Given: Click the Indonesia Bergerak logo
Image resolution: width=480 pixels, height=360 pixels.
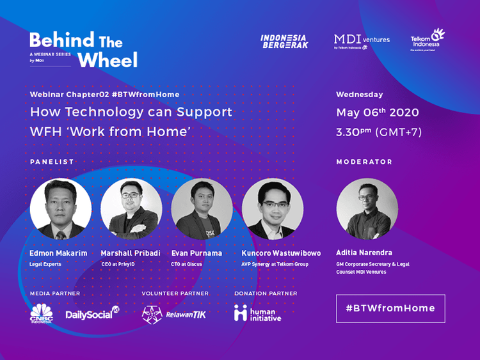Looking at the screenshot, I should [x=284, y=42].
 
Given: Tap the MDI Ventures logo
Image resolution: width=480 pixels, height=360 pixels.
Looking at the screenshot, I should [x=362, y=42].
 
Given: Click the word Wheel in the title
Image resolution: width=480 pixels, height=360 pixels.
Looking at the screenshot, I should [x=108, y=61].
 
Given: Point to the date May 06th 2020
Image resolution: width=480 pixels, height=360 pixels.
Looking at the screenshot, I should [x=378, y=113].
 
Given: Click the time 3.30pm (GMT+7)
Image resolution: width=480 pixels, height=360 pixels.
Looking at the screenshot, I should [x=379, y=133].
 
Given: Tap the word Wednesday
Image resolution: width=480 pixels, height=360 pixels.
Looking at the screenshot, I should [x=360, y=95].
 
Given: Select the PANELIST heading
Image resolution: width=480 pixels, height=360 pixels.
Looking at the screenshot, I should [x=52, y=162].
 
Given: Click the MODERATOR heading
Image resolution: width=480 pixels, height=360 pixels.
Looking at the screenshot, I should [x=364, y=162].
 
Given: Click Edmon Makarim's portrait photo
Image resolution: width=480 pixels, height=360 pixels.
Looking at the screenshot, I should [x=61, y=209].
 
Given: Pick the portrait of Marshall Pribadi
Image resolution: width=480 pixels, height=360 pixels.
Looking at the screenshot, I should [x=131, y=209].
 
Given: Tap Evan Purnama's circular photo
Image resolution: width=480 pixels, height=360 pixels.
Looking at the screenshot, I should [x=202, y=209].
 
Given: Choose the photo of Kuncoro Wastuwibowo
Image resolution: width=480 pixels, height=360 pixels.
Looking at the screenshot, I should [x=273, y=209].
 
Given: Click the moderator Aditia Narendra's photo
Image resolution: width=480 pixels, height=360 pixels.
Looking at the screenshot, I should [x=367, y=209].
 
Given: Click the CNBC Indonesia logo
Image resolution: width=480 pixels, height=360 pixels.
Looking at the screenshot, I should [x=42, y=313].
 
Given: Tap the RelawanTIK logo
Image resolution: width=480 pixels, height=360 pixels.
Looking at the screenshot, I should [x=174, y=314].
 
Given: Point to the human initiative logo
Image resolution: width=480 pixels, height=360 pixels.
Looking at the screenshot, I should [x=257, y=313].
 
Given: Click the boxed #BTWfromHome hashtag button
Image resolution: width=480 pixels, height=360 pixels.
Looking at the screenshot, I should [x=390, y=308].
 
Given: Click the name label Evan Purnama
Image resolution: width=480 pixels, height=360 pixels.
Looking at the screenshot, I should [x=196, y=253].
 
